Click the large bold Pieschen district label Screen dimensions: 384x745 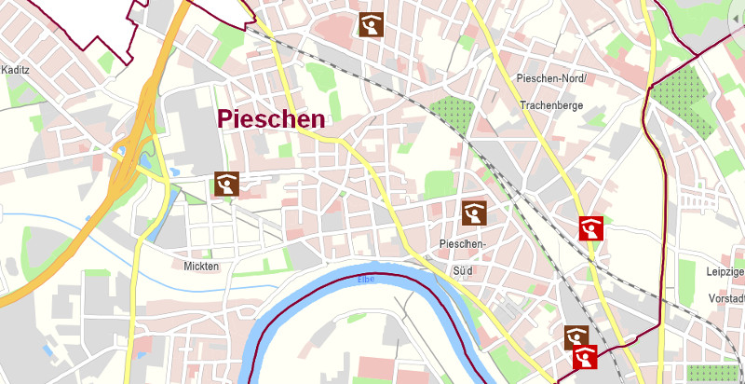click(271, 118)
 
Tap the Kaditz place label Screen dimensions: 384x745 click(16, 70)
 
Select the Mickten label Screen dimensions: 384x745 click(201, 267)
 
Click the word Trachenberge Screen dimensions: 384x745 click(551, 105)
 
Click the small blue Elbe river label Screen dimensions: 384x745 click(366, 280)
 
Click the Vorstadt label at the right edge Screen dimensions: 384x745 click(725, 298)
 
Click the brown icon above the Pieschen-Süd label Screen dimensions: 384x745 click(474, 213)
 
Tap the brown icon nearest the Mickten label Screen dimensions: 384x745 click(226, 185)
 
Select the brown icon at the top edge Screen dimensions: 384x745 click(372, 24)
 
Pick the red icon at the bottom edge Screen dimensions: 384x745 click(585, 357)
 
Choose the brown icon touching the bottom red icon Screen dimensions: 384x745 click(576, 336)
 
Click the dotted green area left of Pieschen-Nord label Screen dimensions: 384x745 click(452, 109)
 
